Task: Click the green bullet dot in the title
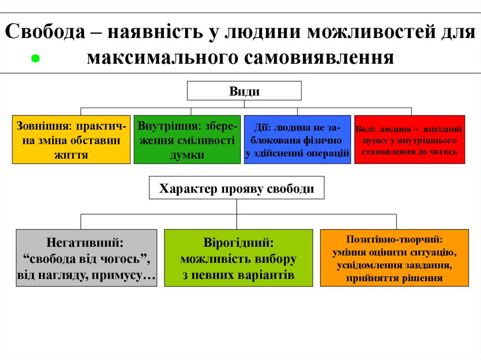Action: tap(34, 59)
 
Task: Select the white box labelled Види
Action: tap(244, 91)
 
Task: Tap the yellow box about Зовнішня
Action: tap(71, 139)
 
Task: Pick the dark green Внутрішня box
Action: tap(187, 139)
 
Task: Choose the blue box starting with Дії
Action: tap(297, 139)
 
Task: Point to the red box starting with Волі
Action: tap(409, 139)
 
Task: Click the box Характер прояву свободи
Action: tap(237, 189)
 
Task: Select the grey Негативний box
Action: tap(86, 258)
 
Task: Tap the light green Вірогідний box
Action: tap(238, 258)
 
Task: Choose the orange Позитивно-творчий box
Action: tap(394, 258)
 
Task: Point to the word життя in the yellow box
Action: tap(71, 154)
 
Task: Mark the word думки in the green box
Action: tap(187, 155)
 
